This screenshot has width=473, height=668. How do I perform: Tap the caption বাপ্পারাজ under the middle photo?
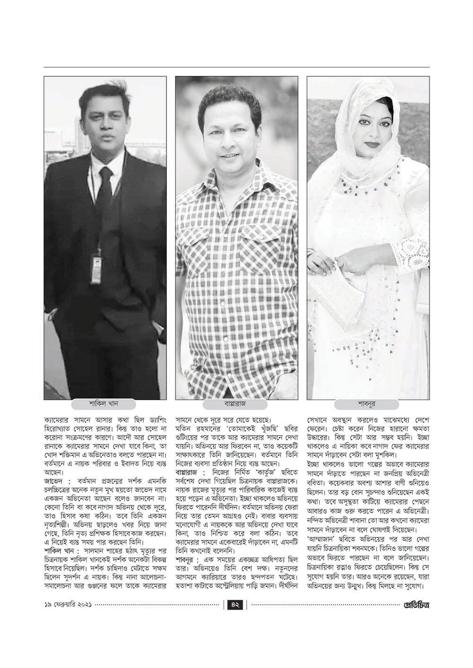(236, 404)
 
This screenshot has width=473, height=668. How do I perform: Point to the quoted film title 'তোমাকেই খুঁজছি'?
(237, 429)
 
